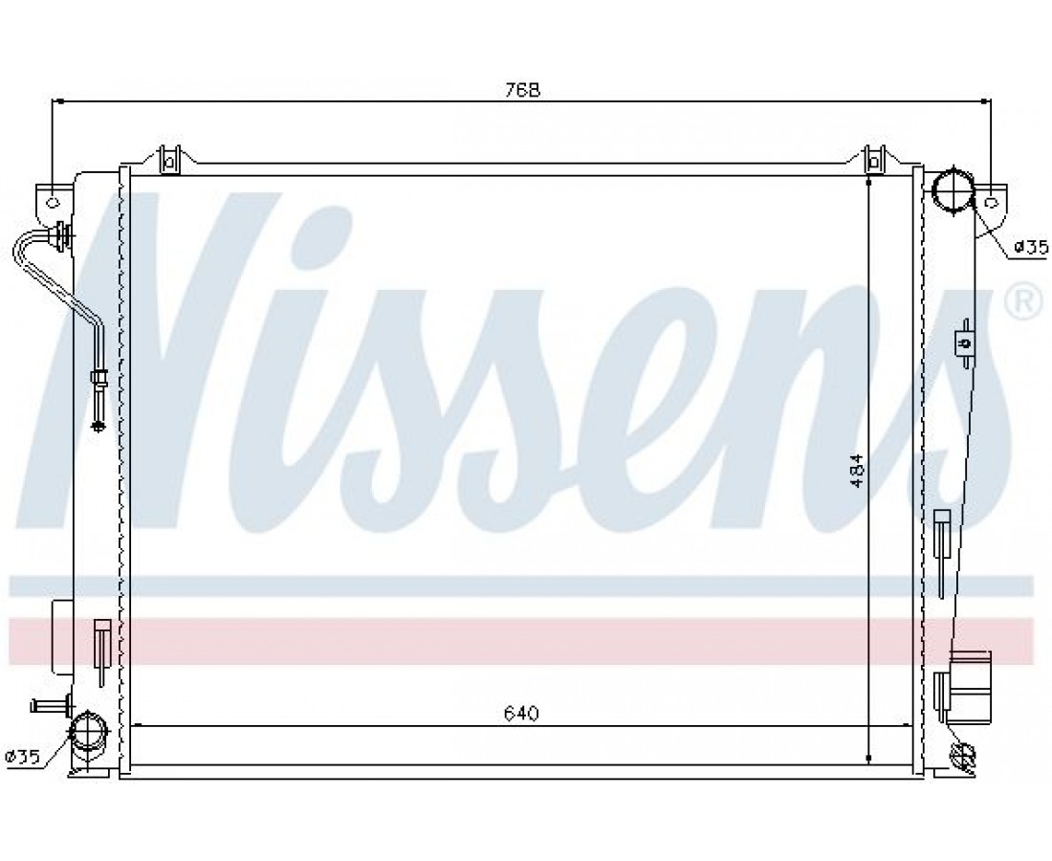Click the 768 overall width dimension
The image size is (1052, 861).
click(522, 89)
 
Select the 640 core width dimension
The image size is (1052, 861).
click(521, 714)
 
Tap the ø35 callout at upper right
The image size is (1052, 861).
click(1030, 249)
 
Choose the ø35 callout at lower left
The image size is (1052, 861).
click(22, 757)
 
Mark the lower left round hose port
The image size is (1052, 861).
click(90, 732)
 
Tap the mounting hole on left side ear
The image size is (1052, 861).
click(53, 202)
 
